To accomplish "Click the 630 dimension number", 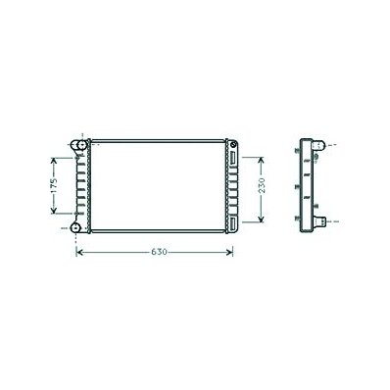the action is click(x=159, y=252).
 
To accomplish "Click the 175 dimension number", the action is click(x=54, y=185).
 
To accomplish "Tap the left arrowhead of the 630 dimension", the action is click(x=78, y=252).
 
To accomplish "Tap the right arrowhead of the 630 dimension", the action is click(x=230, y=252).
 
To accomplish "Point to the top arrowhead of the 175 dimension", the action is click(x=54, y=161).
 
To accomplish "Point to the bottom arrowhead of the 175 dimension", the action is click(x=54, y=211).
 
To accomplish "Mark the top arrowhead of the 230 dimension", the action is click(x=261, y=160).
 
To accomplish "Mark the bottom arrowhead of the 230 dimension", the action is click(x=261, y=219).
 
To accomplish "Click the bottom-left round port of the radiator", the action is click(x=75, y=227).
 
